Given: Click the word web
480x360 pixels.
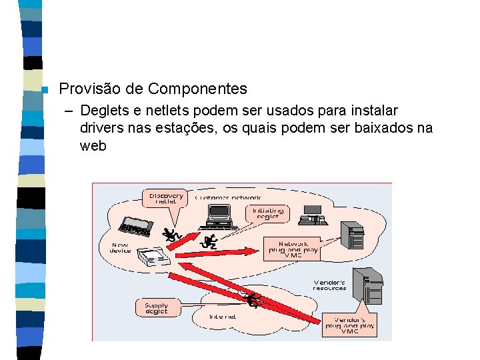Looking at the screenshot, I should [x=93, y=146].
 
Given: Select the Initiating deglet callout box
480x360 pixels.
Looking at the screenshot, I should [x=268, y=213].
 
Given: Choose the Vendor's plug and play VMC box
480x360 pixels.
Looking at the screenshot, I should [x=349, y=325].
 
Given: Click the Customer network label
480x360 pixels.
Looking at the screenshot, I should [x=228, y=197].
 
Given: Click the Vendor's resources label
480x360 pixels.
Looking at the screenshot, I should [x=329, y=285].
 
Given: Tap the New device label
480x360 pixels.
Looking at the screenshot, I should [x=120, y=247].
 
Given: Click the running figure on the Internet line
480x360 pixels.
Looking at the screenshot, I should [x=253, y=301].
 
